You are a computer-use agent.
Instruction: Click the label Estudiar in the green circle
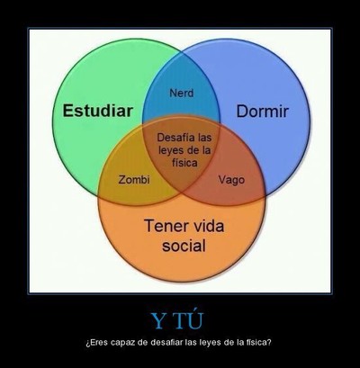pyautogui.click(x=98, y=111)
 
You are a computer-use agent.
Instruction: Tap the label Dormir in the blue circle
pyautogui.click(x=263, y=112)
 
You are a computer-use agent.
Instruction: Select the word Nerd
pyautogui.click(x=182, y=93)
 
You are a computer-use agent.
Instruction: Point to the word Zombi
pyautogui.click(x=134, y=180)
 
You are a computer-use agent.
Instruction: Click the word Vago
pyautogui.click(x=231, y=180)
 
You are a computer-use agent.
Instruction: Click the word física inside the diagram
pyautogui.click(x=184, y=163)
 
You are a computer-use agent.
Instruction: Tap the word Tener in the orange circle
pyautogui.click(x=164, y=226)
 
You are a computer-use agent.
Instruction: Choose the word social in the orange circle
pyautogui.click(x=184, y=246)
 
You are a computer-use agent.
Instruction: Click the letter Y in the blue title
pyautogui.click(x=158, y=320)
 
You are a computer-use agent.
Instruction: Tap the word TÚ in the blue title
pyautogui.click(x=188, y=319)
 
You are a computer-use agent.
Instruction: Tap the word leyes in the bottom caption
pyautogui.click(x=209, y=343)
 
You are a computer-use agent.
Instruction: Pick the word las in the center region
pyautogui.click(x=205, y=138)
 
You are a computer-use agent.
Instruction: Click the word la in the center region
pyautogui.click(x=207, y=150)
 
